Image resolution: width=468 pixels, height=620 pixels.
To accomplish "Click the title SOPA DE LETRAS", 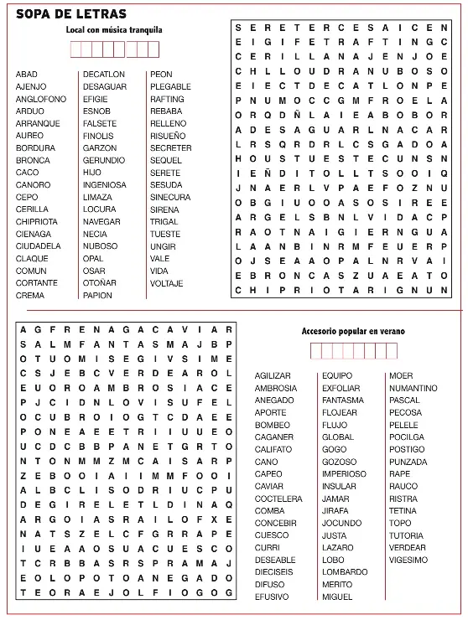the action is pos(71,13).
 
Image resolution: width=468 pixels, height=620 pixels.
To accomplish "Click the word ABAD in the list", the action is pos(27,75).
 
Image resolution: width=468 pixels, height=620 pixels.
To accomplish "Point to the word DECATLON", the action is pos(104,75).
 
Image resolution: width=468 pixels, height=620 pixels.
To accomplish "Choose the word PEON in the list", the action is pos(161,75).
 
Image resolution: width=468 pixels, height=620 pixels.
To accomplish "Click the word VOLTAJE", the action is pos(166,283).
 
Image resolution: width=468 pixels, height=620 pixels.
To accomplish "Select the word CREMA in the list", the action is pos(30,295).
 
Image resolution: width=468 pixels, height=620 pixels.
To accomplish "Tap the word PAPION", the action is pos(97,295).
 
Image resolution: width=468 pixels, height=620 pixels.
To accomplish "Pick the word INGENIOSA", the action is pos(105,184).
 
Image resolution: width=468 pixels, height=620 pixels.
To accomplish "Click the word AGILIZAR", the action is pos(273,375).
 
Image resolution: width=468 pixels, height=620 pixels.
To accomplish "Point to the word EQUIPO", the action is pos(337,375).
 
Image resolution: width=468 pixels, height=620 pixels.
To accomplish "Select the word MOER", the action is pos(401,375).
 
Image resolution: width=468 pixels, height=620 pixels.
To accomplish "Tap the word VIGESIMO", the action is pos(408,560).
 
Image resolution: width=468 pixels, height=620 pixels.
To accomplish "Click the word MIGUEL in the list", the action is pos(337,597).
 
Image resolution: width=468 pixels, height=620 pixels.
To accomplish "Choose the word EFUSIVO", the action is pos(272,597).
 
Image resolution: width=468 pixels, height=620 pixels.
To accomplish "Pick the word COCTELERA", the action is pos(278,499).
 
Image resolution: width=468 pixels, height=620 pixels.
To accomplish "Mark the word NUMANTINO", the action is pos(413,388).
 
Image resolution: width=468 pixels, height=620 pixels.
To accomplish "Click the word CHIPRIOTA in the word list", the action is pos(37,221).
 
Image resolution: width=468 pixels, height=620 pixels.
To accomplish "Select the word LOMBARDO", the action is pos(344,572).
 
